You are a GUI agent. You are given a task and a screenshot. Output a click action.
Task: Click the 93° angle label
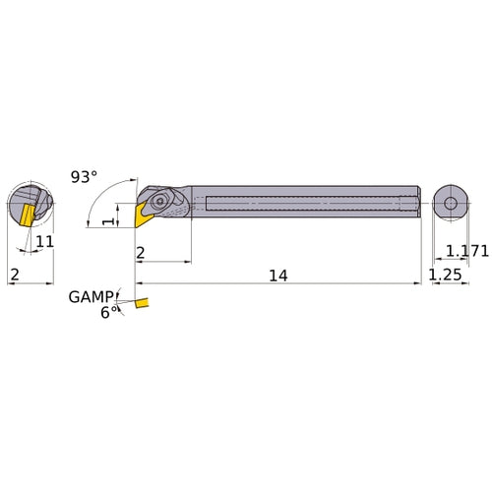point(85,177)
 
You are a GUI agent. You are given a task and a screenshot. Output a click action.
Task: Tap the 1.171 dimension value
point(466,253)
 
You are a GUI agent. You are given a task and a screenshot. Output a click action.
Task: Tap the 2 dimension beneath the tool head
point(142,253)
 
